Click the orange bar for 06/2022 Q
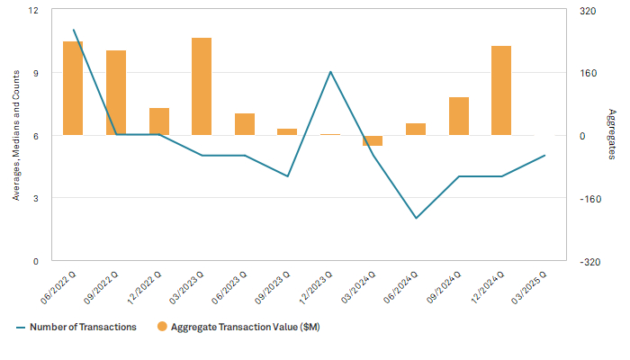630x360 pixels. (73, 88)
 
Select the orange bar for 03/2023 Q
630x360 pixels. (202, 86)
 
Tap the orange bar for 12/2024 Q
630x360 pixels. (501, 90)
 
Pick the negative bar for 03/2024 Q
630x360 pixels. (373, 140)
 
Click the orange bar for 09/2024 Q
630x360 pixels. (459, 116)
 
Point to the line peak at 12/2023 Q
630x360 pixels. (330, 72)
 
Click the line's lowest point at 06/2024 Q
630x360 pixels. (416, 218)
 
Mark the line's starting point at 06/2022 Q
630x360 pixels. (73, 30)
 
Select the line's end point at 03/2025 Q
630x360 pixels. (544, 156)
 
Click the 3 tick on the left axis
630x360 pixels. (36, 198)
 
